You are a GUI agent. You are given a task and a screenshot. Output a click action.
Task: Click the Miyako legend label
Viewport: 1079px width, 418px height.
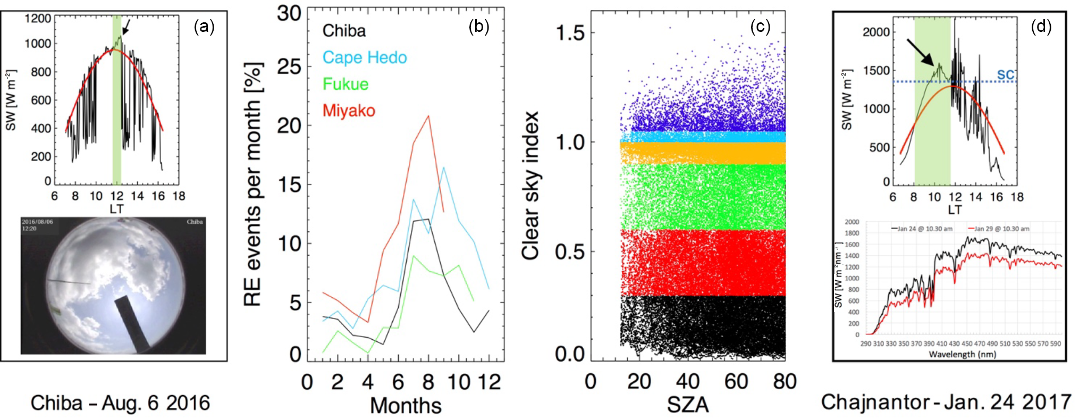(349, 111)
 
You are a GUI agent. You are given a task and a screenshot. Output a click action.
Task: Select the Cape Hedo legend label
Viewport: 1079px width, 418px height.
(365, 57)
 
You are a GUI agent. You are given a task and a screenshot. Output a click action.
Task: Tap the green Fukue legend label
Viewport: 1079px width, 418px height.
(345, 84)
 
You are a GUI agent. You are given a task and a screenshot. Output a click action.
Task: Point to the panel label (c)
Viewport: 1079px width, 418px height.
(760, 27)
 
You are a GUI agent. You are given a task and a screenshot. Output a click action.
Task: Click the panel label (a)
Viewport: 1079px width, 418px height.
(204, 27)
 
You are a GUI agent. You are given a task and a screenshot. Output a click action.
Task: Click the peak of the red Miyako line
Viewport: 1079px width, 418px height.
(428, 116)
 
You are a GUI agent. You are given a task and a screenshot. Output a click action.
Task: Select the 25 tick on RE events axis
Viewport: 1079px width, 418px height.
(289, 67)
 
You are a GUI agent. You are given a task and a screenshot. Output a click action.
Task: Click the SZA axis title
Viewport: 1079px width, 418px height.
(688, 405)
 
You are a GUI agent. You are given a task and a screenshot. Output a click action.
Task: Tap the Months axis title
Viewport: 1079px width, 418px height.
(406, 406)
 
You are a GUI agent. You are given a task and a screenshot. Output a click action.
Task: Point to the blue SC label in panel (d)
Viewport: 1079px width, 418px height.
(1006, 74)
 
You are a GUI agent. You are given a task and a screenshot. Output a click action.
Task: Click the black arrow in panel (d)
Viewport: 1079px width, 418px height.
(920, 52)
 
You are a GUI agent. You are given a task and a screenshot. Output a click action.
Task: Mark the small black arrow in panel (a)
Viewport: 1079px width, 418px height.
(126, 26)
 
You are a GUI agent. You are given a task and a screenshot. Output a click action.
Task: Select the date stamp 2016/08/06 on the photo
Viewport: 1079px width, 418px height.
(37, 222)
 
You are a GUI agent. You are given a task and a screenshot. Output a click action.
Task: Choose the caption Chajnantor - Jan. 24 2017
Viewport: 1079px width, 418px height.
(946, 402)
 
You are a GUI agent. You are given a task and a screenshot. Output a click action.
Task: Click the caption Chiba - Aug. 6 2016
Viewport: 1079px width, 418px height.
(120, 403)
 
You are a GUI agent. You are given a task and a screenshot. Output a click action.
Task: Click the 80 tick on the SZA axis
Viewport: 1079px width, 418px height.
(785, 382)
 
